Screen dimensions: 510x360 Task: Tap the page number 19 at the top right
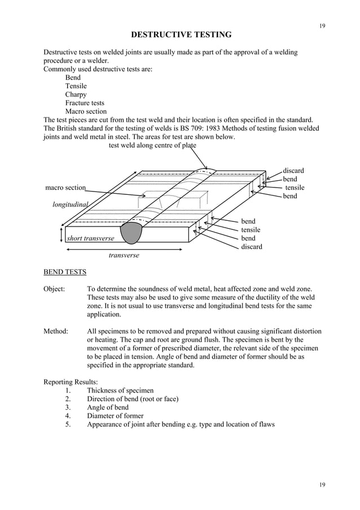pos(322,26)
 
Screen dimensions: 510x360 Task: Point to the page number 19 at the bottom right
pos(322,485)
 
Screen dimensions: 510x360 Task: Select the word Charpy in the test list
pos(76,94)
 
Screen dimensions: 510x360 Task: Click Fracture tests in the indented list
pos(85,103)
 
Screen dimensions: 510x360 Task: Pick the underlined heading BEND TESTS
pos(65,272)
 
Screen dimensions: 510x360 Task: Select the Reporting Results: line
pos(73,382)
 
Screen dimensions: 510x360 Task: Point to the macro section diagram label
pos(65,188)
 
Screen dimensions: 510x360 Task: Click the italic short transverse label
pos(90,238)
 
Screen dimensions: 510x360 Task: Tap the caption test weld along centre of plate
pos(152,145)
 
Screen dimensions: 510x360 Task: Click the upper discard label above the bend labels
pos(293,171)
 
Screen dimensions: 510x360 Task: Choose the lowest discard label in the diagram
pos(252,247)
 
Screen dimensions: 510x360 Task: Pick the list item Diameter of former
pos(115,416)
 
